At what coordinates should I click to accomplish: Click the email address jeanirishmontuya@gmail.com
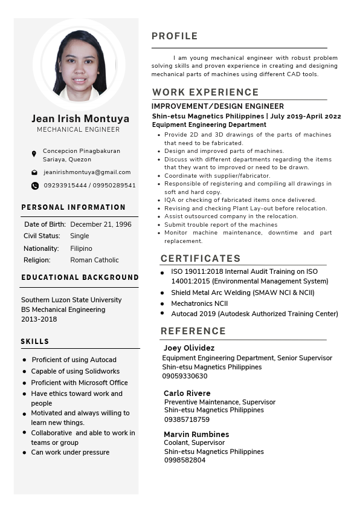point(87,172)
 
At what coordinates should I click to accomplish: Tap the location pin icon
point(34,154)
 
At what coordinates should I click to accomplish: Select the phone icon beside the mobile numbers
point(34,186)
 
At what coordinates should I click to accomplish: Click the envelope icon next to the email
point(34,172)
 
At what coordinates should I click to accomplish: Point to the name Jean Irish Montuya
point(80,118)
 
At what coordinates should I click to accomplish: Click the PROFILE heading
point(175,36)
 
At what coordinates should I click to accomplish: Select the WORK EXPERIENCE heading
point(205,92)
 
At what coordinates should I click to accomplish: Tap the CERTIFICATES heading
point(201,258)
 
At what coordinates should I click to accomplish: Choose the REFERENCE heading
point(193,331)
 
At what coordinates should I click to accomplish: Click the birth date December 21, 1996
point(101,224)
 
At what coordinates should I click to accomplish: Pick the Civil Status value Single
point(80,236)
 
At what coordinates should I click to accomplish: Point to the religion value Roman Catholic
point(95,260)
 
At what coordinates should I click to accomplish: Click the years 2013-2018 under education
point(39,319)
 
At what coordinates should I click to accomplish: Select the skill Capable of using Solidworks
point(76,371)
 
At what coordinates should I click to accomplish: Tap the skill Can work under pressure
point(70,452)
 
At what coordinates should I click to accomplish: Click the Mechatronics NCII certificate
point(199,303)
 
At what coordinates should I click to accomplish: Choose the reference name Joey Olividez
point(189,348)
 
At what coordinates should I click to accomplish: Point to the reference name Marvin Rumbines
point(196,434)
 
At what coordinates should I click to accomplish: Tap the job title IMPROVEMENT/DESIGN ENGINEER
point(218,106)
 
